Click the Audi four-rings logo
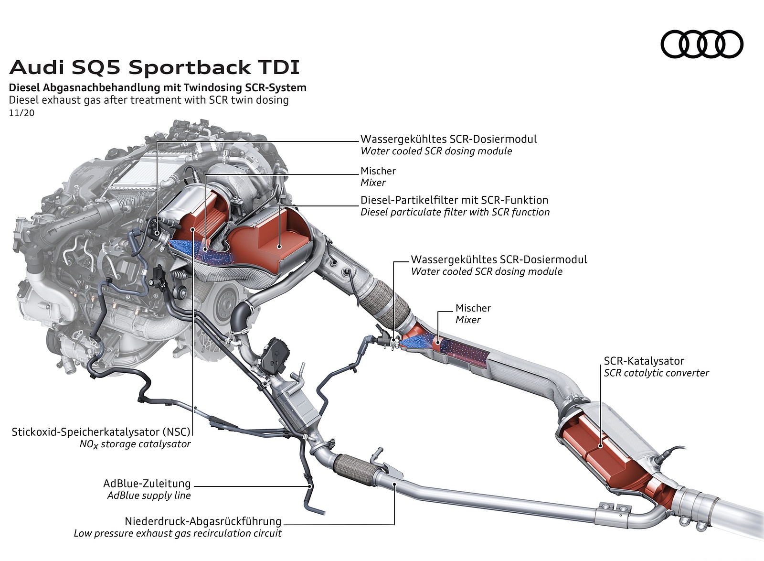click(701, 44)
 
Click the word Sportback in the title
click(190, 68)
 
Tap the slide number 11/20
click(21, 113)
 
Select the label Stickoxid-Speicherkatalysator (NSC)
click(101, 432)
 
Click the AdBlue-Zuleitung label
click(147, 484)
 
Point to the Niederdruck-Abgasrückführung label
click(203, 521)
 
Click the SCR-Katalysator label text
click(644, 361)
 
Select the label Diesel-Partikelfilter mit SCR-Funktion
click(454, 200)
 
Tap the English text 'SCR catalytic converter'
click(656, 373)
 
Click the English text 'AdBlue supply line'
click(149, 496)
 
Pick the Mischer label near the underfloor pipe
click(473, 308)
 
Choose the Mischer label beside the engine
click(378, 171)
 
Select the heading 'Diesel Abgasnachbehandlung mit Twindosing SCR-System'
click(158, 88)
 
